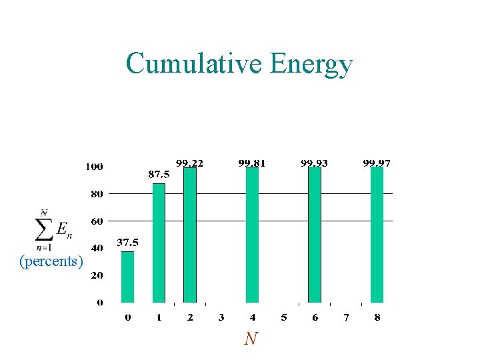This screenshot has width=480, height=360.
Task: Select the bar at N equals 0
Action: [x=127, y=277]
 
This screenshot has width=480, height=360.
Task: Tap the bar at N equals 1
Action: [x=159, y=243]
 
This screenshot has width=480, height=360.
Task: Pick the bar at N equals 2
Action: [x=190, y=235]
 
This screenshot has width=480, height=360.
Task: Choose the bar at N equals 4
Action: [x=252, y=235]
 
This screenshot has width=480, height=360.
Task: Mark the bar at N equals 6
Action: [x=315, y=235]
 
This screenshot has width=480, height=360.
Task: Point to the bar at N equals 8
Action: [x=377, y=235]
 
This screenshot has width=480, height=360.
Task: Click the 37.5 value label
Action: [x=128, y=243]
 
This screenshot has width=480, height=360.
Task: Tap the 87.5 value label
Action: [x=159, y=174]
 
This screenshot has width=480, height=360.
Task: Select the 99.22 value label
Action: [x=190, y=162]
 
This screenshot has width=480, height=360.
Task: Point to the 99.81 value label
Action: [x=252, y=162]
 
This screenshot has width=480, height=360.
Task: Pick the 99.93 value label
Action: [x=315, y=162]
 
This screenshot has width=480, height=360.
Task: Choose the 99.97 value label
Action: [x=377, y=162]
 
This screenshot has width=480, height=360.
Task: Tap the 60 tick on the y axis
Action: [x=97, y=221]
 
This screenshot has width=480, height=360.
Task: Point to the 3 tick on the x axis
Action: [x=221, y=318]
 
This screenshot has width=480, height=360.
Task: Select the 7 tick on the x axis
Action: [x=346, y=318]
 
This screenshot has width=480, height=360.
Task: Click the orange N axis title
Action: [x=250, y=339]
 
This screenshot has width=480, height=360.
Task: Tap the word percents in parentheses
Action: [x=51, y=261]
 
